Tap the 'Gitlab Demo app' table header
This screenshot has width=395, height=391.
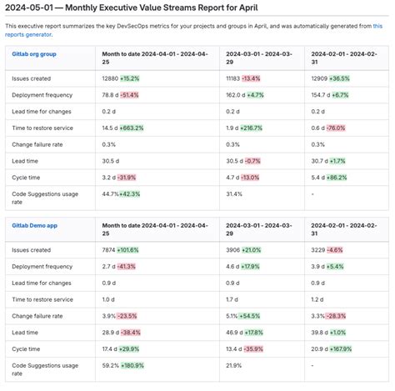pyautogui.click(x=35, y=224)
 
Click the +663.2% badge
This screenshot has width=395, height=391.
pyautogui.click(x=131, y=128)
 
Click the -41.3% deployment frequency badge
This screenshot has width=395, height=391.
pyautogui.click(x=127, y=267)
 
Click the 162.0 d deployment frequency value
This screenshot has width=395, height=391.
pyautogui.click(x=237, y=95)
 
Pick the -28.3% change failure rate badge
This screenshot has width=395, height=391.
pyautogui.click(x=335, y=316)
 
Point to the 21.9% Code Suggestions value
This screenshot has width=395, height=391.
pyautogui.click(x=235, y=365)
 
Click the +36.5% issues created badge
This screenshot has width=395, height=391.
pyautogui.click(x=340, y=78)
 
